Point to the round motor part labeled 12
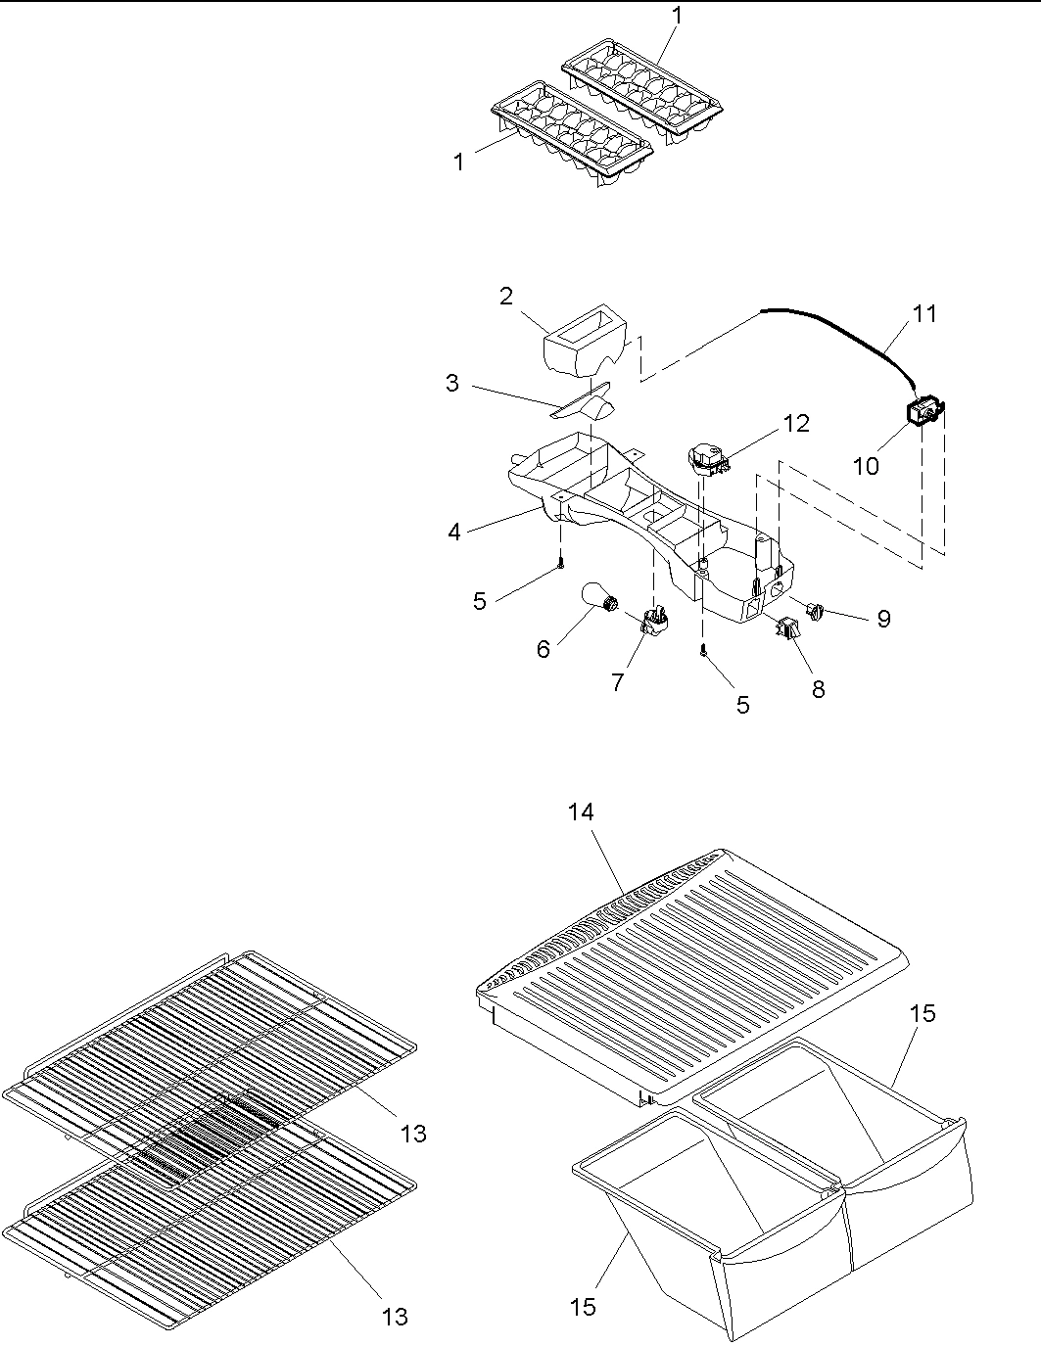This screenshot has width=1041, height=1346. (x=706, y=457)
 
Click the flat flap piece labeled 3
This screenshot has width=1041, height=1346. (x=584, y=402)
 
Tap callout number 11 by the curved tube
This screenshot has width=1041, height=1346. (x=924, y=313)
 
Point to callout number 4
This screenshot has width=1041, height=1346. (x=454, y=532)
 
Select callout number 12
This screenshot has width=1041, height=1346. (x=795, y=423)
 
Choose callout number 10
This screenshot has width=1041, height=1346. (x=866, y=465)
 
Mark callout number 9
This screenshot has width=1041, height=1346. (x=883, y=619)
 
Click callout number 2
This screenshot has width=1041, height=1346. (x=505, y=296)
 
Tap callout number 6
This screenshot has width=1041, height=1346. (x=543, y=648)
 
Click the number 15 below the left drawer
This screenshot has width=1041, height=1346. (x=583, y=1306)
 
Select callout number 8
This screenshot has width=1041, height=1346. (x=818, y=689)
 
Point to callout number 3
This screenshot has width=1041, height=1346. (x=451, y=383)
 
